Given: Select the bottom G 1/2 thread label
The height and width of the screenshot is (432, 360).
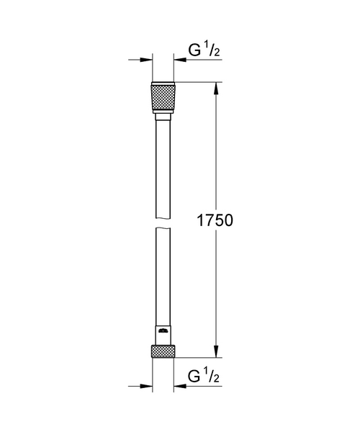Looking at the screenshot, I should point(203,376).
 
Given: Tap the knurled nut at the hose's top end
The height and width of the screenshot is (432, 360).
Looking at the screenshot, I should point(162,97).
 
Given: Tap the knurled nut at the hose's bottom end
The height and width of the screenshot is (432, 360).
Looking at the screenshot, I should point(162,351).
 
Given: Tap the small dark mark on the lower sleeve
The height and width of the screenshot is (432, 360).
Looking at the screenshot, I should point(163,333).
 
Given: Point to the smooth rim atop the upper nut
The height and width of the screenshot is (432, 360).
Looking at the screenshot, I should point(162,84).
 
